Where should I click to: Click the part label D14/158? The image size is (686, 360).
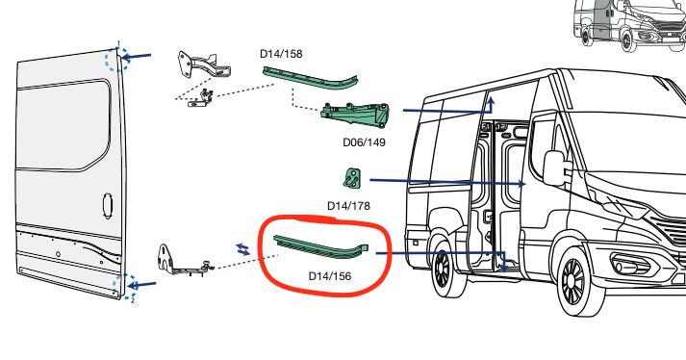tap(281, 54)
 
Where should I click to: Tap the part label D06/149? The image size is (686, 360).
tap(364, 142)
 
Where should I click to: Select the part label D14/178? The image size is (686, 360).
tap(348, 205)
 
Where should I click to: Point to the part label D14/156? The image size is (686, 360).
tap(329, 276)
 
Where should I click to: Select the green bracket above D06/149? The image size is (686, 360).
tap(356, 116)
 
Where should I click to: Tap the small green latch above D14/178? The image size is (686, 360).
tap(351, 178)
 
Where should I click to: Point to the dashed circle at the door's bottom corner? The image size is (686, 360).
tap(120, 285)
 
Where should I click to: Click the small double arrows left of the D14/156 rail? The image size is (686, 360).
tap(242, 248)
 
